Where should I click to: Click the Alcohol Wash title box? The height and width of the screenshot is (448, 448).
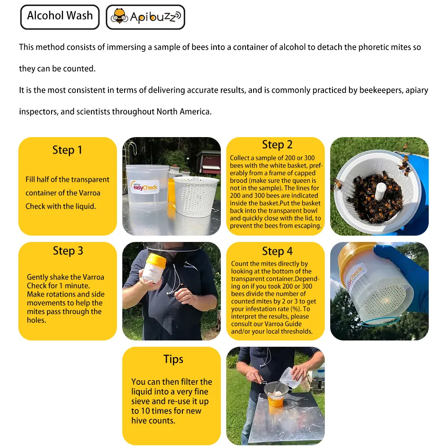click(60, 17)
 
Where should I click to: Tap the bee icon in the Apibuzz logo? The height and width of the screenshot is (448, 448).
click(119, 17)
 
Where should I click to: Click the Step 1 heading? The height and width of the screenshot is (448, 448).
click(67, 150)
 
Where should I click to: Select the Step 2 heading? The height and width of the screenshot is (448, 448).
click(277, 145)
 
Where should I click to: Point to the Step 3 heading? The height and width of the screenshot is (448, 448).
click(68, 251)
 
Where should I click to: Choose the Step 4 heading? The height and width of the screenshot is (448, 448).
click(277, 251)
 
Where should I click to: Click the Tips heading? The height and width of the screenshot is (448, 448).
click(173, 359)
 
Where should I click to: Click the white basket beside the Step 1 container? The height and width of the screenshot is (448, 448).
click(196, 196)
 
